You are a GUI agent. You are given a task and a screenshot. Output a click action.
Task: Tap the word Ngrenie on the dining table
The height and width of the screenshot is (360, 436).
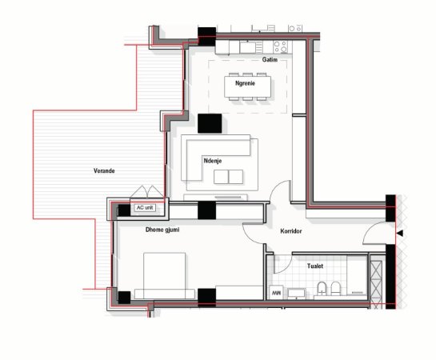pyautogui.click(x=245, y=83)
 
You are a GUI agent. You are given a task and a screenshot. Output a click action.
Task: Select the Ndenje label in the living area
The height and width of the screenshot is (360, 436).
pyautogui.click(x=213, y=162)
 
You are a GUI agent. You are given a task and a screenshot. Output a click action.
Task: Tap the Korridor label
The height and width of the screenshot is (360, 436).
pyautogui.click(x=295, y=231)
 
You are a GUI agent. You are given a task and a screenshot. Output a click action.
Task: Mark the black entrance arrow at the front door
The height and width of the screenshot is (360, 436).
pyautogui.click(x=399, y=233)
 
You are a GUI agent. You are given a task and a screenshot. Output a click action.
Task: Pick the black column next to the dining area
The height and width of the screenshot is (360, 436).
pyautogui.click(x=210, y=124)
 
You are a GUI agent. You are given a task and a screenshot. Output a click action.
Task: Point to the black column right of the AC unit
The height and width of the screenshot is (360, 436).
pyautogui.click(x=206, y=210)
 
